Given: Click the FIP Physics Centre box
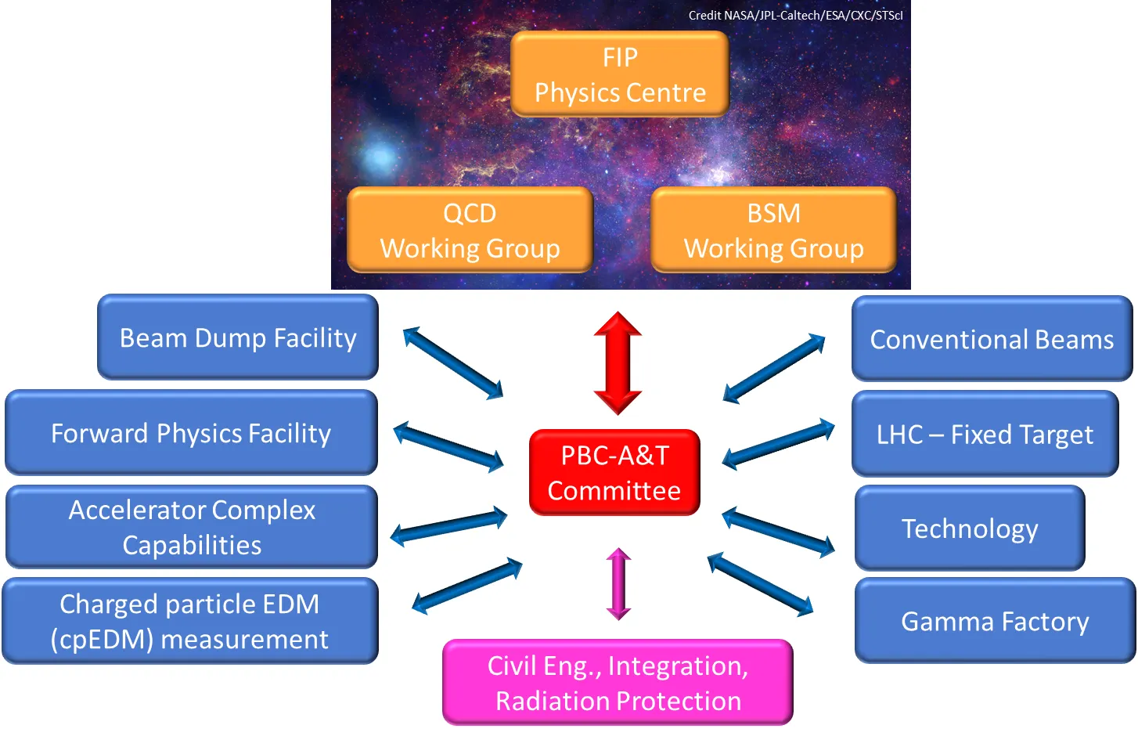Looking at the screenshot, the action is [620, 74].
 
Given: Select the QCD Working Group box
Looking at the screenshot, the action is [470, 229].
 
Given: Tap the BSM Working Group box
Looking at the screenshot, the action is [773, 229].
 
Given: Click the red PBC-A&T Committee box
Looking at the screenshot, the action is [614, 473].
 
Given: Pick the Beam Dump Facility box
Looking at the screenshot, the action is [238, 337].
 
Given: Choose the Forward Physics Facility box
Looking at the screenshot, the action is [191, 432].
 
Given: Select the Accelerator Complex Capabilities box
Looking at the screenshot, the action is [192, 527].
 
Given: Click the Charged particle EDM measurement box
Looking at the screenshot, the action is [190, 621].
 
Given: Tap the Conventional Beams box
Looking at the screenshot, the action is [992, 338].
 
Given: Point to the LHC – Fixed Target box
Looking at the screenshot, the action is [985, 434].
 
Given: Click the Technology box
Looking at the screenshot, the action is [970, 528].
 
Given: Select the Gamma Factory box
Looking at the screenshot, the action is [996, 621].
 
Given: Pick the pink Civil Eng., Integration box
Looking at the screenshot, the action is [618, 683].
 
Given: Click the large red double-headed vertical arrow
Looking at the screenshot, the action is [618, 363].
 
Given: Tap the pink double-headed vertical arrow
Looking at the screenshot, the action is [619, 584].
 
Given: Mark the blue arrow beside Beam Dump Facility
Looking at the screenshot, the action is [453, 363].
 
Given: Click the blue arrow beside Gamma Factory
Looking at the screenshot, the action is [760, 584].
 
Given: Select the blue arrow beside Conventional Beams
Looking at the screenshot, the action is [774, 368].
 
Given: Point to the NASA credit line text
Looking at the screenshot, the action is [796, 15].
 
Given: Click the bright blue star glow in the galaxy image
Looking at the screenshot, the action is [379, 157].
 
